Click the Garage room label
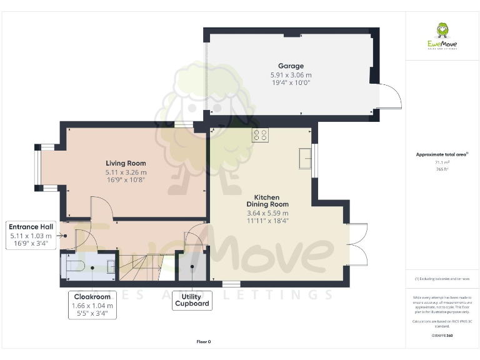point(291,66)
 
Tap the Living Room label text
point(126,164)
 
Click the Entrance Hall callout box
point(32,236)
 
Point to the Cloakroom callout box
point(92,305)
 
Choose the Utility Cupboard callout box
point(191,301)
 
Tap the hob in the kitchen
point(260,135)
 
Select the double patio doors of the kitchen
point(357,244)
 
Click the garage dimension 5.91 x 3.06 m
point(291,74)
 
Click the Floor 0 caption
point(204,341)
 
